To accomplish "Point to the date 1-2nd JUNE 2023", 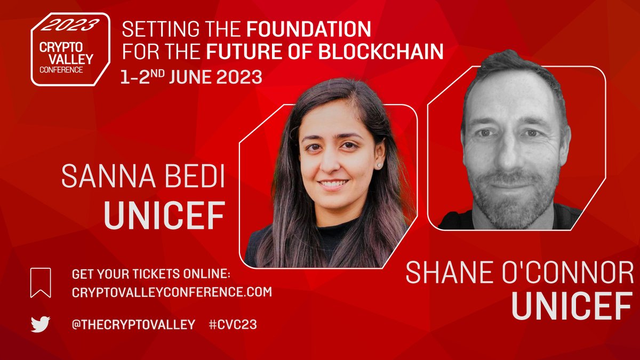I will click(192, 78).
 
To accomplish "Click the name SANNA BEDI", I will click(143, 178).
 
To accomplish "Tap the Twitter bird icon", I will click(41, 324).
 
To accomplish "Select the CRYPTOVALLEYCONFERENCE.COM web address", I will click(172, 292).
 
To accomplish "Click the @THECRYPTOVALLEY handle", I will click(133, 325).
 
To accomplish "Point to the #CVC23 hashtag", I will click(233, 325).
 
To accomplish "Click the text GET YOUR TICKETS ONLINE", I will click(151, 275).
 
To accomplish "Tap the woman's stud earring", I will click(380, 165).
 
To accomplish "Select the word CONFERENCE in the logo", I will click(63, 70).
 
